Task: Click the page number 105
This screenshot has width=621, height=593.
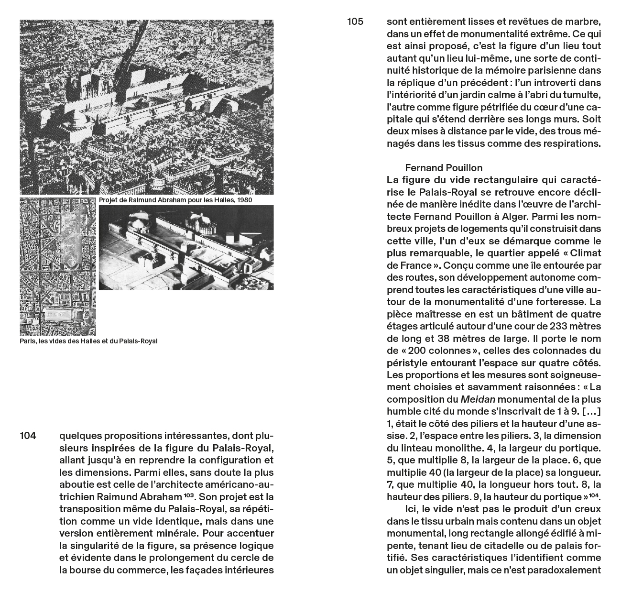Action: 355,22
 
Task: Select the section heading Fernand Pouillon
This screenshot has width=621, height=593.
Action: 444,168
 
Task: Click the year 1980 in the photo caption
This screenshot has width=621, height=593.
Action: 243,200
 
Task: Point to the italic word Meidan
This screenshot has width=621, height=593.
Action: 476,399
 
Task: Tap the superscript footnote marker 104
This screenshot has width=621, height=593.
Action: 595,494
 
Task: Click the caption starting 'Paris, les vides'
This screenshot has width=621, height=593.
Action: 88,341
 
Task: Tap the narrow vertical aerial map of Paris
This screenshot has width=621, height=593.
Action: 58,266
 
